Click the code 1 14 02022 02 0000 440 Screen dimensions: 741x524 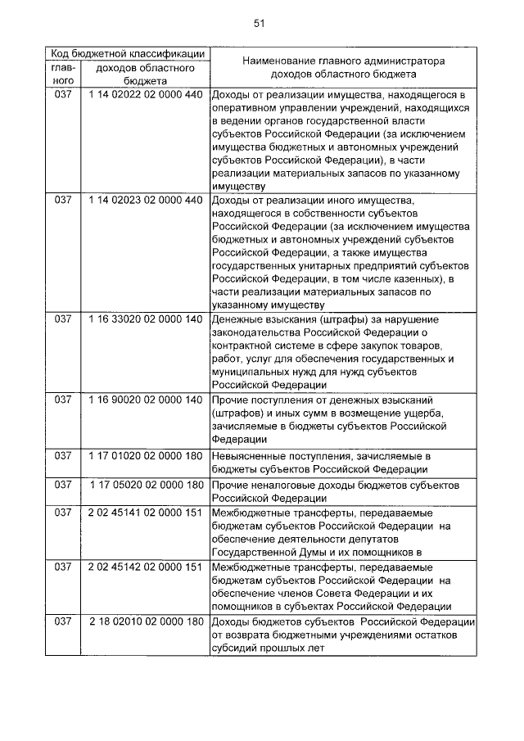click(x=144, y=95)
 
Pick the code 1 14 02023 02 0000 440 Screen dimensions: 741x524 click(x=144, y=200)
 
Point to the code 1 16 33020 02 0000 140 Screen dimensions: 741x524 click(x=144, y=319)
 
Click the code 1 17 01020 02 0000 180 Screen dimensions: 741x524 click(x=144, y=454)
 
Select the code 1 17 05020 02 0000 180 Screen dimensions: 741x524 click(x=144, y=485)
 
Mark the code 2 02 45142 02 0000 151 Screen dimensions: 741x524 click(x=144, y=567)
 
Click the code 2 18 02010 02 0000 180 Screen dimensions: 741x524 click(x=144, y=621)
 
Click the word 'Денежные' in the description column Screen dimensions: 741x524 click(x=238, y=319)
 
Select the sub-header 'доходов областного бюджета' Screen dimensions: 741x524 click(x=144, y=75)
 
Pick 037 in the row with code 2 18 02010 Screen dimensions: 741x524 click(x=64, y=621)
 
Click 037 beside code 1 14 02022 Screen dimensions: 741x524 click(x=64, y=95)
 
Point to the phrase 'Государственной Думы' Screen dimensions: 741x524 click(x=265, y=552)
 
